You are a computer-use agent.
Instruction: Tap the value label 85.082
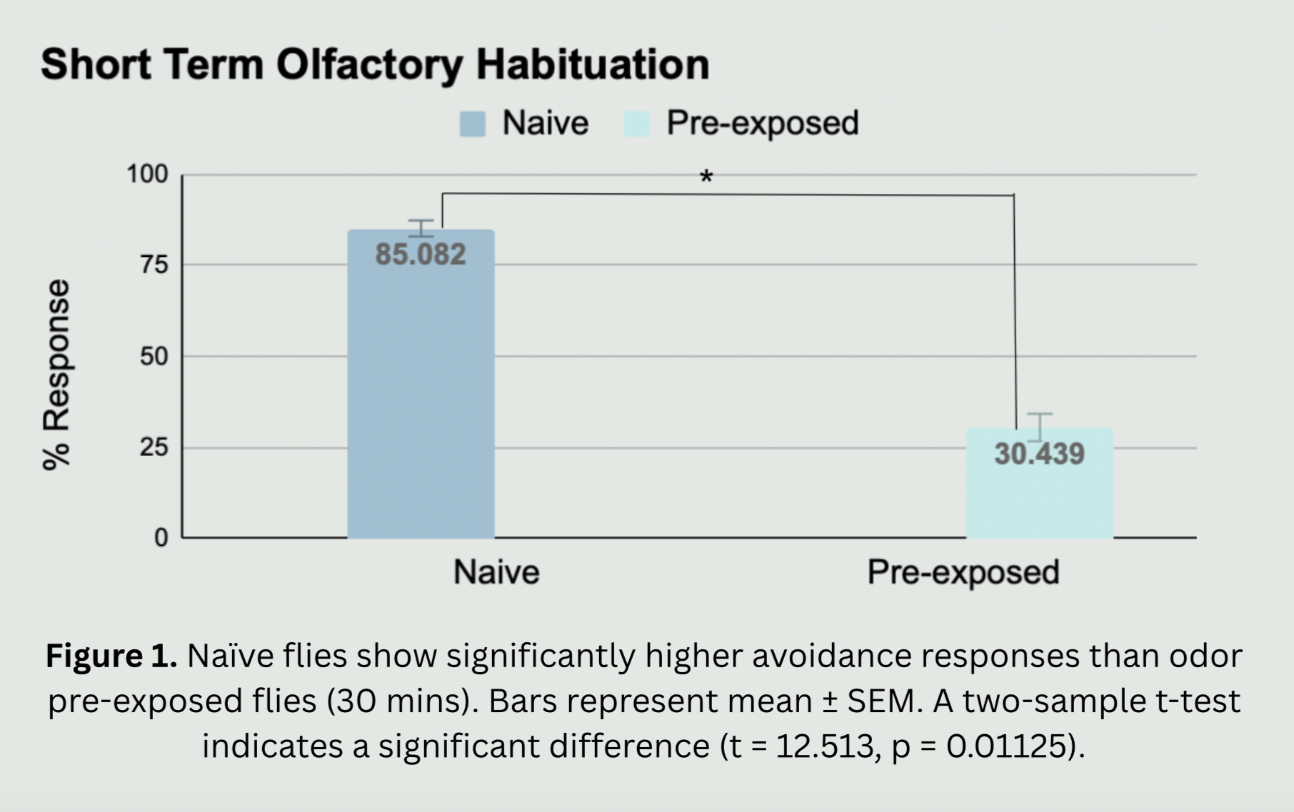pos(421,255)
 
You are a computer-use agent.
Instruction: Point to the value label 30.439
pos(1039,454)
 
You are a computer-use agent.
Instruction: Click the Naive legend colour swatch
pos(473,123)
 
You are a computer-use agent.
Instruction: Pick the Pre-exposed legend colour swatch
pos(636,123)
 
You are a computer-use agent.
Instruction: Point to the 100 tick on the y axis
pos(147,174)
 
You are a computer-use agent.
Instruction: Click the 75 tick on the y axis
pos(154,265)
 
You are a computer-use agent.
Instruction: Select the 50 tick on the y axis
pos(154,356)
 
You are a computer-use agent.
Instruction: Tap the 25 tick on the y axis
pos(154,447)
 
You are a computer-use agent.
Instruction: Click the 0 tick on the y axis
pos(161,538)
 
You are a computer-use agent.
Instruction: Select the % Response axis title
pos(56,375)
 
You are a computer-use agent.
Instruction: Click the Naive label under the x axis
pos(496,572)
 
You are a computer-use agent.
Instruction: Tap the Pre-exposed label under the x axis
pos(963,572)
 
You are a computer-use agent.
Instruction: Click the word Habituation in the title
pos(593,65)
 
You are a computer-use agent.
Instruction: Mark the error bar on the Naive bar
pos(421,228)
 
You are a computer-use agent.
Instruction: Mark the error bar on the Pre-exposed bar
pos(1039,427)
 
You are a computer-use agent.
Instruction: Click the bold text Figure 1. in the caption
pos(111,656)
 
